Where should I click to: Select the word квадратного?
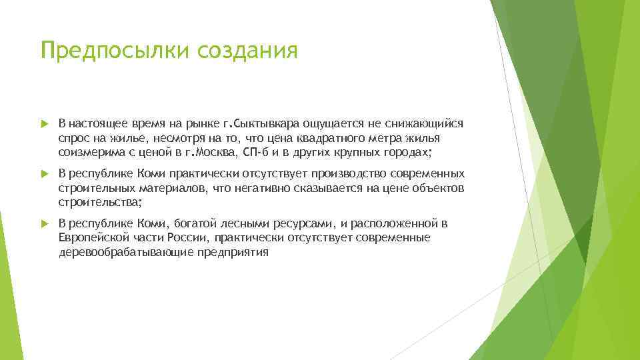335,137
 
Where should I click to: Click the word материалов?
171,188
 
